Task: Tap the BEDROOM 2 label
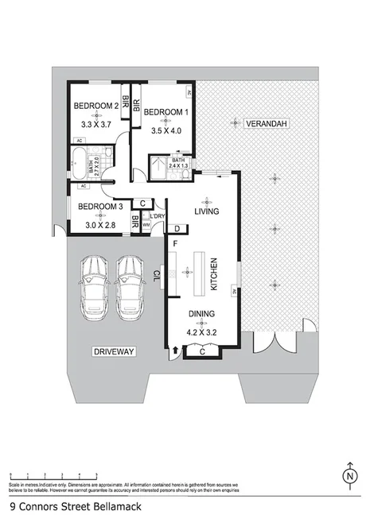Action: [x=96, y=107]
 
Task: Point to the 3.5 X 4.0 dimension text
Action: [x=167, y=130]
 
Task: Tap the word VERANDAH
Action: [x=266, y=124]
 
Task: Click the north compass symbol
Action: [x=349, y=476]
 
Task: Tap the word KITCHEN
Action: [x=212, y=273]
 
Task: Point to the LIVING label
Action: [x=207, y=211]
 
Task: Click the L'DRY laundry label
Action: [x=158, y=215]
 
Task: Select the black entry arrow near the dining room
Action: [x=174, y=349]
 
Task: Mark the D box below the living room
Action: [x=176, y=230]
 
